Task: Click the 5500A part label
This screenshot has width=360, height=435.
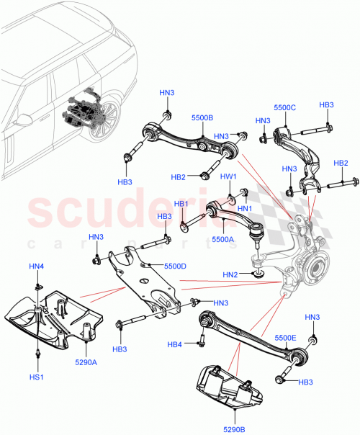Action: click(222, 239)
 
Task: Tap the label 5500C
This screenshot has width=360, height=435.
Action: click(284, 107)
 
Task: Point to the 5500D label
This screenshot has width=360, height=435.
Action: click(175, 266)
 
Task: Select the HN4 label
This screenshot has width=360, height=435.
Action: click(36, 267)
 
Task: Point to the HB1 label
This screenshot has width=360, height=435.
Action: click(180, 204)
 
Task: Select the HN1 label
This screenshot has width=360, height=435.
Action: click(245, 208)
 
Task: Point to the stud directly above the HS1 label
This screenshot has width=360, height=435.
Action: click(36, 354)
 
